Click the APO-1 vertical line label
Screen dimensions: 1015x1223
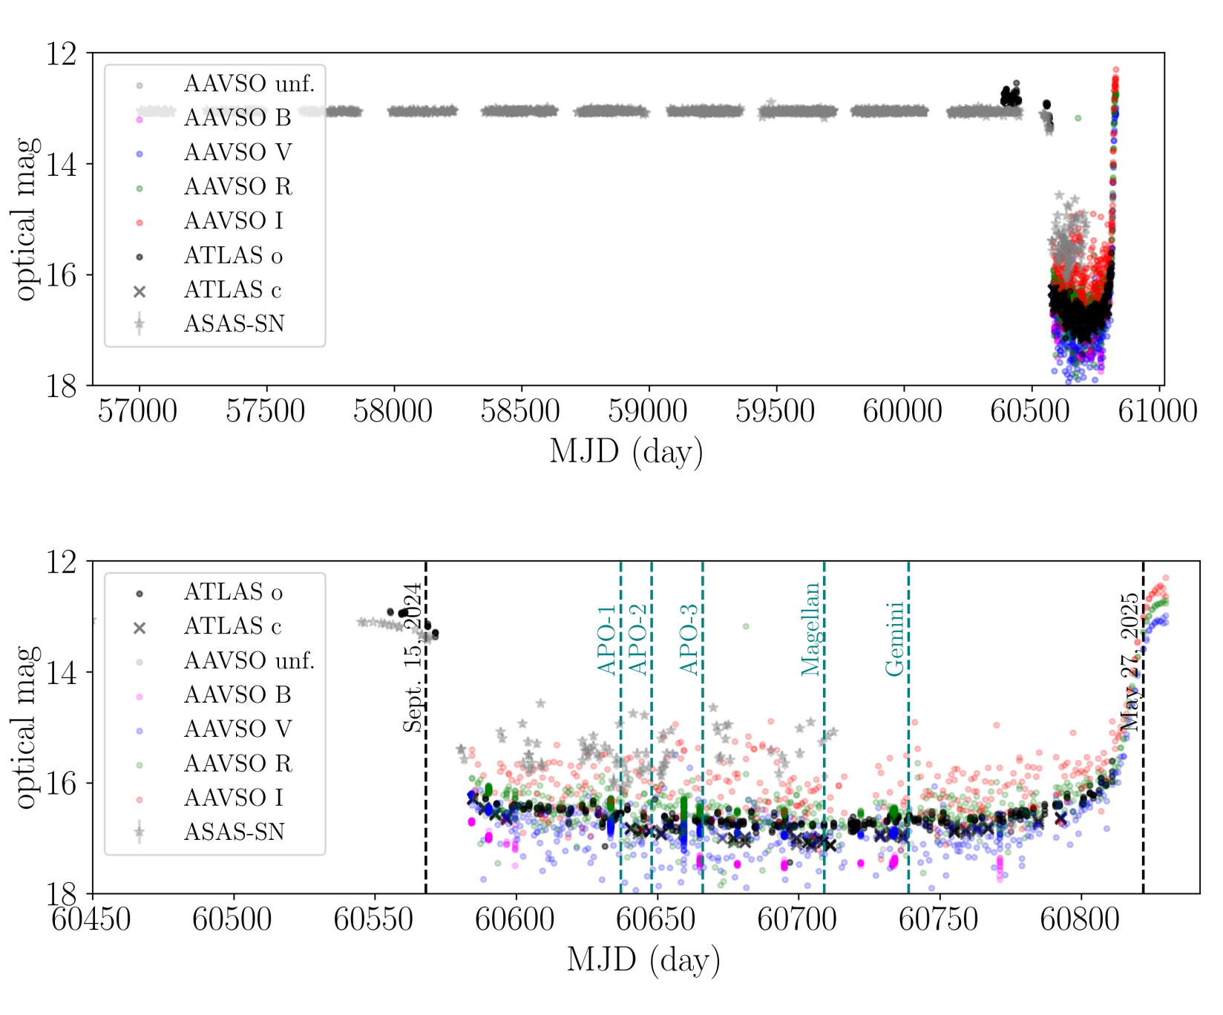pos(607,640)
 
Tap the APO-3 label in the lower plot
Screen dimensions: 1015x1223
pos(689,640)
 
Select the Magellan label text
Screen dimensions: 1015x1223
pos(811,629)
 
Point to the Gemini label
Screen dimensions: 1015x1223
pos(895,639)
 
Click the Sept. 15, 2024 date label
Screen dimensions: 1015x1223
pos(413,657)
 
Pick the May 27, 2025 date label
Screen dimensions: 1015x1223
pos(1129,662)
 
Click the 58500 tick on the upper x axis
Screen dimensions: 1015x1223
pos(520,411)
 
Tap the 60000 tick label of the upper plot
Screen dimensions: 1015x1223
pos(902,411)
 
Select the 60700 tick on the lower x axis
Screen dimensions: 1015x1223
pos(797,919)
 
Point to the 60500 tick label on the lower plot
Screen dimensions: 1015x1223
pos(232,919)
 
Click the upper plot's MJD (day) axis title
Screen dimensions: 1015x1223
pos(626,452)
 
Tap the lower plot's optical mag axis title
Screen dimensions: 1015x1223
pos(27,727)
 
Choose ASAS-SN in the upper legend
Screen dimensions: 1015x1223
pos(234,323)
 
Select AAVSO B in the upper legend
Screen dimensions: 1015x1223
pos(237,118)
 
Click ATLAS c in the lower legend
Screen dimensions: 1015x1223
pos(232,626)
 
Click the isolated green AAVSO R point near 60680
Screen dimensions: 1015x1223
pos(746,627)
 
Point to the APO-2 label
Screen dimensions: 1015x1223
pos(638,640)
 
